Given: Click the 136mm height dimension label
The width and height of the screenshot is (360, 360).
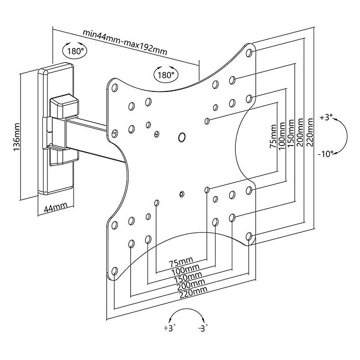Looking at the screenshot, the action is coord(17,137).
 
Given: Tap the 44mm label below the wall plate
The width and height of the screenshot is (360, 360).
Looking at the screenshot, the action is coord(56,207).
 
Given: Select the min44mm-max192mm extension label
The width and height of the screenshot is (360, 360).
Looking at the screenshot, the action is coord(125,42).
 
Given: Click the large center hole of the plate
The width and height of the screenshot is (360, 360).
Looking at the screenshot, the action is coord(182,137).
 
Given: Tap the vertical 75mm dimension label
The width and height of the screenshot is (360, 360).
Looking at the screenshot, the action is coord(273,136).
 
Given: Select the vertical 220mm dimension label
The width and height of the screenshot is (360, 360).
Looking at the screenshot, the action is coord(310,132).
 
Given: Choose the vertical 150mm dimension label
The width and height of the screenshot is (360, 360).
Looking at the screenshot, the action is coord(291,134).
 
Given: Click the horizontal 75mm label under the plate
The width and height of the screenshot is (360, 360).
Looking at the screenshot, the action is coord(181,261).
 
